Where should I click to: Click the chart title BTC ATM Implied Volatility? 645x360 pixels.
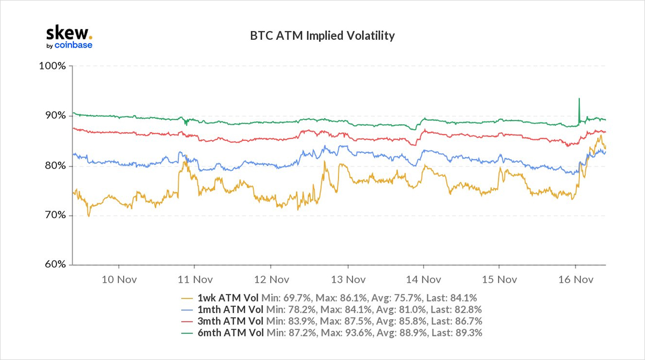[322, 36]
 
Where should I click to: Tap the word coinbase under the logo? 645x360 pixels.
[74, 45]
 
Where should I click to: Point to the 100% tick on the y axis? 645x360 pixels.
[53, 66]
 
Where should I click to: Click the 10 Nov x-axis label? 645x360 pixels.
[118, 279]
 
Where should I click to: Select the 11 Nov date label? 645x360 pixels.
[194, 279]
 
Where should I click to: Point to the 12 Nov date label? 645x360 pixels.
[270, 279]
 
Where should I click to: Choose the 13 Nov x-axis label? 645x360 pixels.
[347, 279]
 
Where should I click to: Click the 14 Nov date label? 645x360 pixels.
[422, 279]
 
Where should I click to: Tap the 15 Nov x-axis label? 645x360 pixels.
[499, 279]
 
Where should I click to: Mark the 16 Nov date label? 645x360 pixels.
[575, 279]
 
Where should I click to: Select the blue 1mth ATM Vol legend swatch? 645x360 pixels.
[188, 309]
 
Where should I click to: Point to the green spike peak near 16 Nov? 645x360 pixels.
[579, 99]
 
